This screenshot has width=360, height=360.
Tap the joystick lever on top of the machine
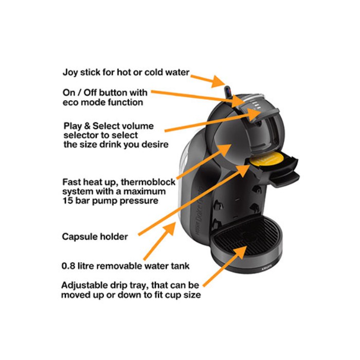point(227,92)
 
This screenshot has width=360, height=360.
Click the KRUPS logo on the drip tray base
point(266,267)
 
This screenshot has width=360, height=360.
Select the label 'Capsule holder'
point(95,237)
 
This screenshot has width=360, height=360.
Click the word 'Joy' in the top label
point(70,73)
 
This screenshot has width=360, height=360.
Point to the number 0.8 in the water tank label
point(68,266)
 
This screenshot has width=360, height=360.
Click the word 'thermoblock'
point(148,182)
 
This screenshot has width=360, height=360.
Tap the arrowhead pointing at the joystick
point(219,81)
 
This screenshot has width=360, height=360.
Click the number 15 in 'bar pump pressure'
point(67,201)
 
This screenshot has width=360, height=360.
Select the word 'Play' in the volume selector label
point(73,127)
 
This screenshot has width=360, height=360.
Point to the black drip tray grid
point(246,236)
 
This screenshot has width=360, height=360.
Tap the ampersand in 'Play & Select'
point(87,126)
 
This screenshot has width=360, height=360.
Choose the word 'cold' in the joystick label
point(154,73)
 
